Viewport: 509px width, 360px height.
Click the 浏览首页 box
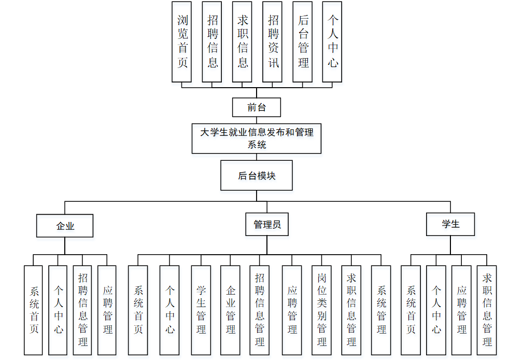(x=182, y=41)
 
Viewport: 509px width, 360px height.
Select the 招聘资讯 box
(x=273, y=41)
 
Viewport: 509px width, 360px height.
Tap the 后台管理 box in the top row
(x=303, y=41)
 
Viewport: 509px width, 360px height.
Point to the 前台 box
(x=256, y=107)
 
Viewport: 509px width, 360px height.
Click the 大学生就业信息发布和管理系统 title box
(x=256, y=139)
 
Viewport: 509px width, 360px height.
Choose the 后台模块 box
(x=256, y=175)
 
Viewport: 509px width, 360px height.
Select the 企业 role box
(x=65, y=226)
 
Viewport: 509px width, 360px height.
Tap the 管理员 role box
(x=266, y=225)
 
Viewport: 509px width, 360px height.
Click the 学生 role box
(x=450, y=225)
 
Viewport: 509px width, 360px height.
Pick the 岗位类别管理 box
(x=322, y=310)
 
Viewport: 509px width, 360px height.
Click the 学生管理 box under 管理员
(x=201, y=310)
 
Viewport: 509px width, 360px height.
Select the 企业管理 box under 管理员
(x=230, y=310)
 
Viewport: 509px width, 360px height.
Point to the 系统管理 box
(x=381, y=310)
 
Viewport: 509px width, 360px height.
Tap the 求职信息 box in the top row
(x=242, y=41)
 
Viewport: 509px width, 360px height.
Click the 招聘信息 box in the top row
(x=212, y=41)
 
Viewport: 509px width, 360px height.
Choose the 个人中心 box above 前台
(x=332, y=41)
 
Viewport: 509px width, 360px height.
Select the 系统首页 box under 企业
(x=34, y=310)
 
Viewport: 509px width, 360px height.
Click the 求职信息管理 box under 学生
(x=487, y=310)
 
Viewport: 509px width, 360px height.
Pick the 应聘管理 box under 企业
(x=107, y=310)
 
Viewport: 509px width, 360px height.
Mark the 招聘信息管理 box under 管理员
(x=260, y=310)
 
